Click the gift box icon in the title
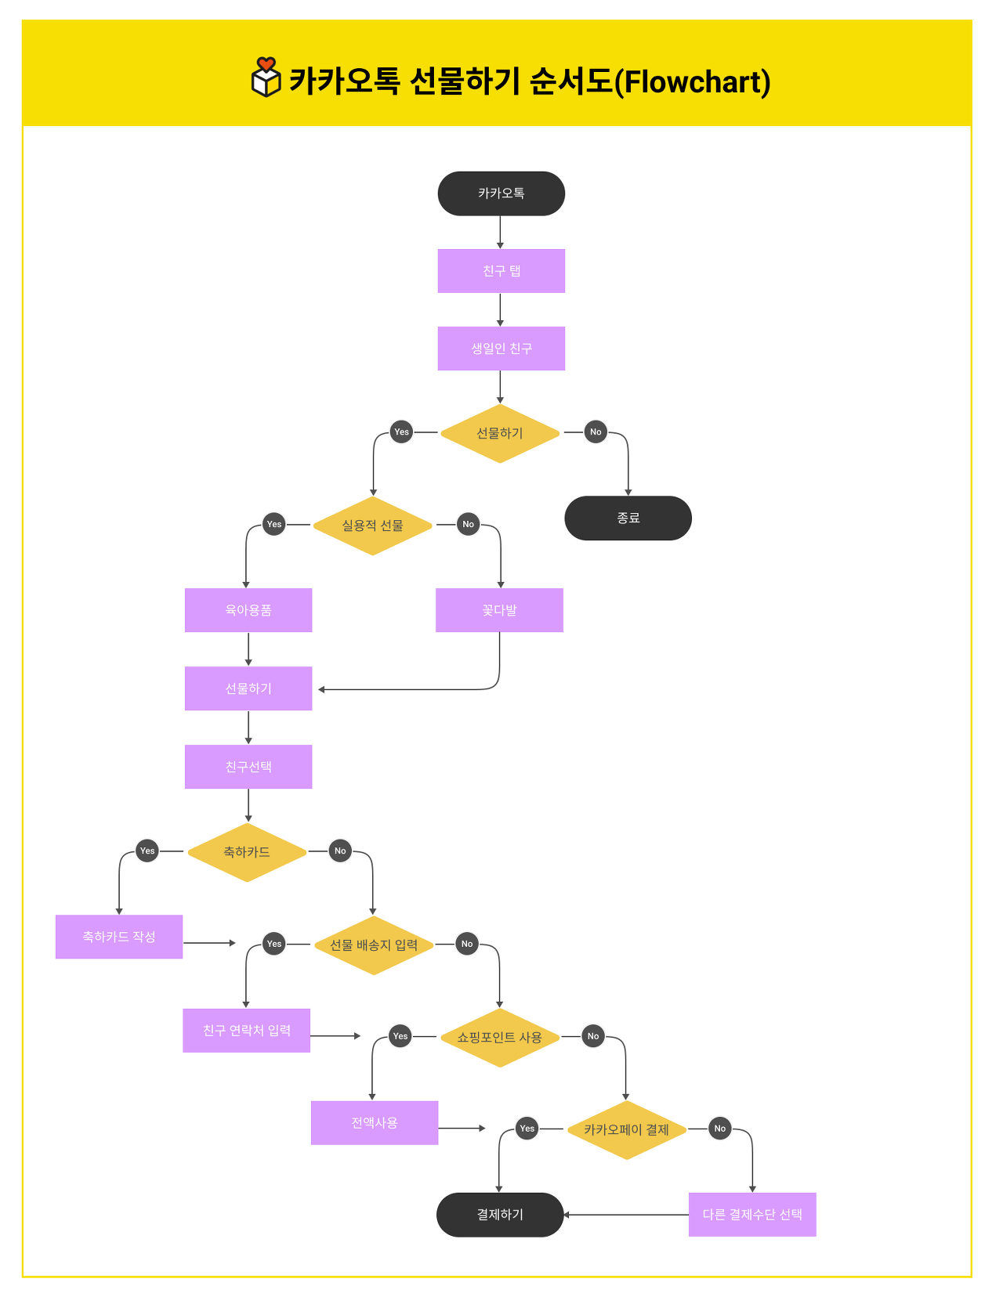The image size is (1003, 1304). pos(266,78)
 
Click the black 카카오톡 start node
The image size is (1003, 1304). pos(501,193)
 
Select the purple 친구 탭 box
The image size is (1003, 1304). pos(501,271)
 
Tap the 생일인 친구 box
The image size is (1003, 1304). pos(501,349)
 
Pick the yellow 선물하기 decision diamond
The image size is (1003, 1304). pos(500,433)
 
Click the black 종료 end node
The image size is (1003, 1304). pos(628,518)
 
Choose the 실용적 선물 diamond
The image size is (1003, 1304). pos(372,526)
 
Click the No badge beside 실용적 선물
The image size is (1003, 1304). pos(468,524)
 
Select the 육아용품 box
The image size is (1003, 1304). pos(248,610)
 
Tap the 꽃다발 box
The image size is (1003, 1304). pos(499,610)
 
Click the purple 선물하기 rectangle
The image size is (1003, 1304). pos(248,688)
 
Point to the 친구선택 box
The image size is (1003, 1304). pos(248,767)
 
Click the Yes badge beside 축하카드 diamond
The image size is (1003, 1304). pos(147,851)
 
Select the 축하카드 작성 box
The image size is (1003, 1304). pos(119,937)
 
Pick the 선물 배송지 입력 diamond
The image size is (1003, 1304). pos(374,945)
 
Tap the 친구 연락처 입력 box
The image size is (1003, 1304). pos(246,1031)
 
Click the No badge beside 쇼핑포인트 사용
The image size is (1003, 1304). pos(593,1036)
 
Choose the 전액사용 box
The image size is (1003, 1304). pos(375,1123)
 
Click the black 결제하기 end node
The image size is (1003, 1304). pos(500,1215)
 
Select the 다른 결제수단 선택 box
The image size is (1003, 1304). pos(752,1215)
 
